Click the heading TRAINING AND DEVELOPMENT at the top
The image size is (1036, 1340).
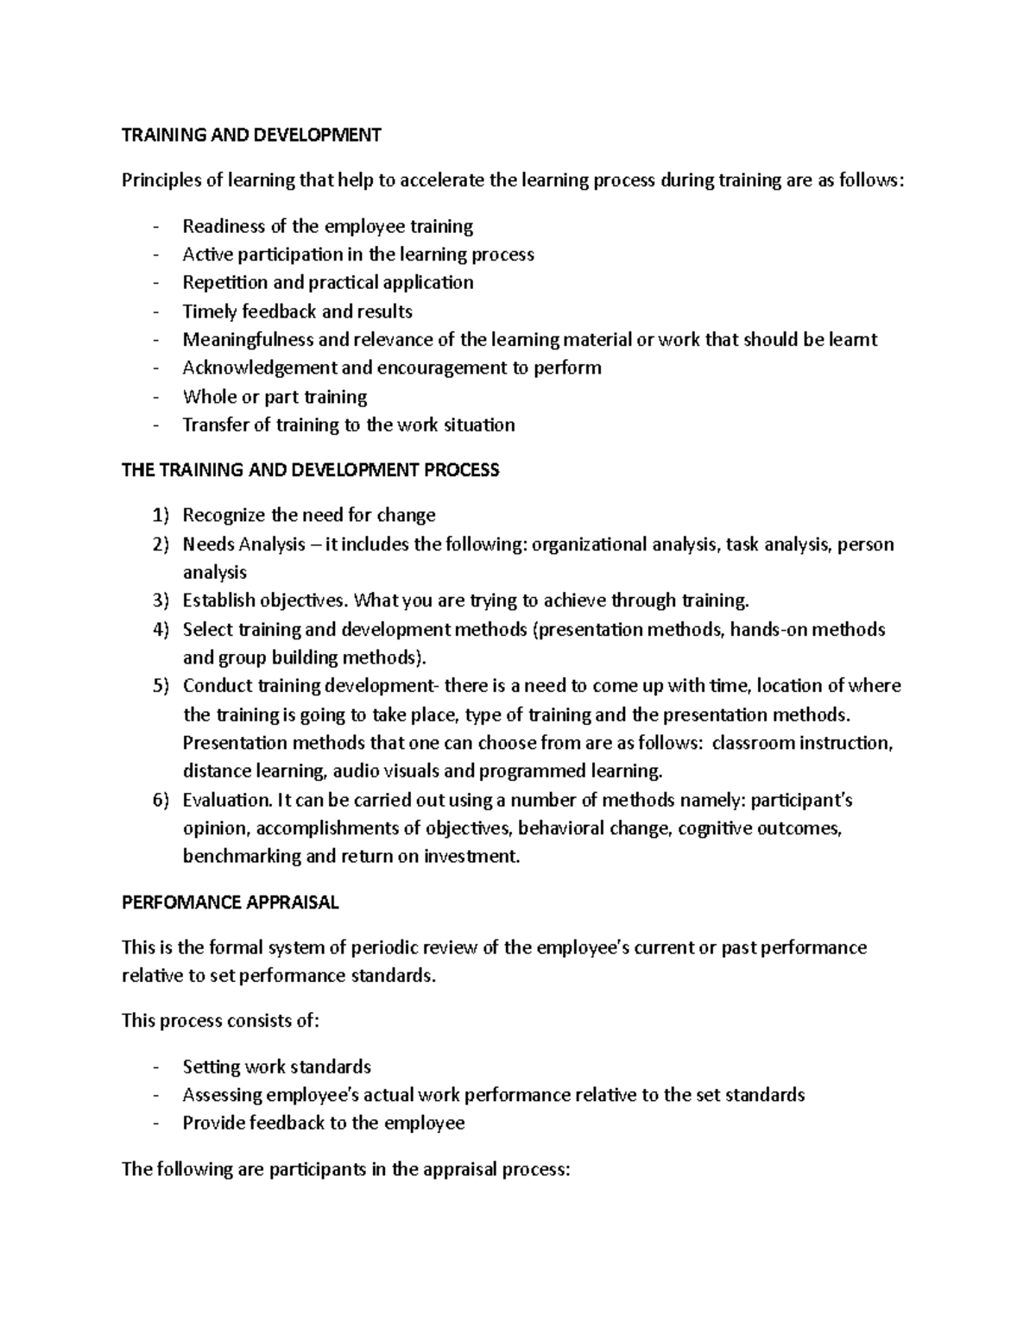251,135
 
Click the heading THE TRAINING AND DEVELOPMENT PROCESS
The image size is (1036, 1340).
310,470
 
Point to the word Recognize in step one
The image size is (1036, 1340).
224,516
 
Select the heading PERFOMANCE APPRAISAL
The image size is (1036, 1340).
231,903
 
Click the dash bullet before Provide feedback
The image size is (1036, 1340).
155,1123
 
